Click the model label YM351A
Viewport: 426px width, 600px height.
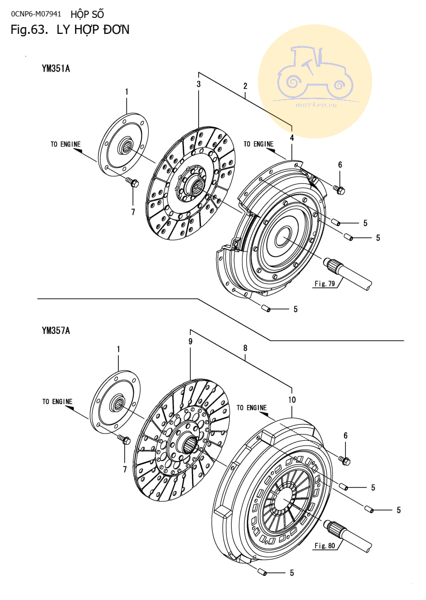[x=56, y=69]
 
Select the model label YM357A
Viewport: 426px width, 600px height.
[x=56, y=331]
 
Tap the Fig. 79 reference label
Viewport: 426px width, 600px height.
[x=325, y=284]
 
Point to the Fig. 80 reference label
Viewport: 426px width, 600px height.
[x=325, y=546]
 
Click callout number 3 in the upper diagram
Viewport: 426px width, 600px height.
[x=199, y=84]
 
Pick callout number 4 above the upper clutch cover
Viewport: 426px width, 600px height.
[x=292, y=138]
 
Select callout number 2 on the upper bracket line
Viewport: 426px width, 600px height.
[x=245, y=86]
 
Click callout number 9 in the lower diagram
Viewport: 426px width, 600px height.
[x=190, y=342]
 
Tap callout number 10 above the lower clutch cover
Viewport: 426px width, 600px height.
[x=292, y=400]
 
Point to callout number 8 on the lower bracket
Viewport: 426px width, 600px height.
[x=245, y=348]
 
